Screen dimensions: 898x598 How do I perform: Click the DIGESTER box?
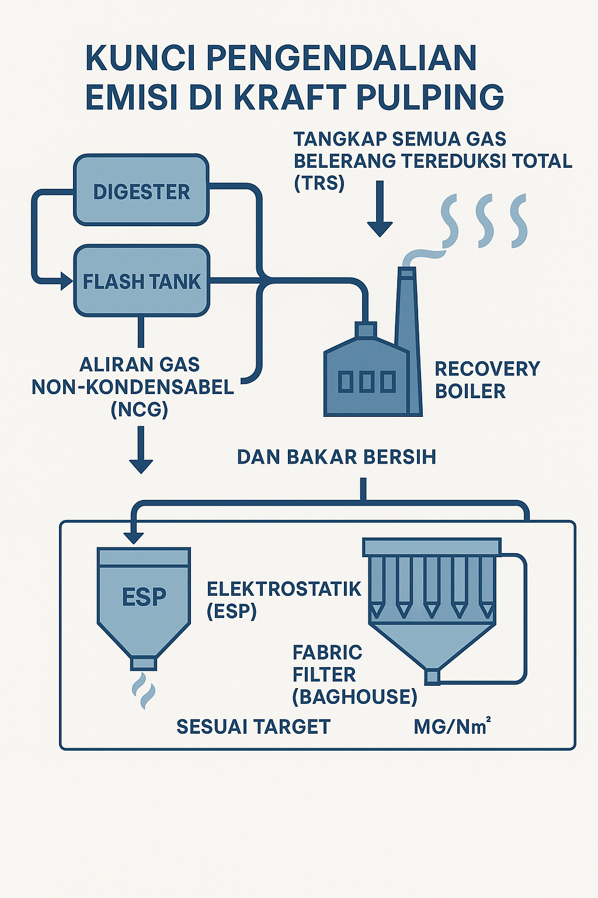tap(141, 191)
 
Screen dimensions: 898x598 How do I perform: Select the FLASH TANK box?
tap(141, 281)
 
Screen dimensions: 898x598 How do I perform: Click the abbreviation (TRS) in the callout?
tap(319, 182)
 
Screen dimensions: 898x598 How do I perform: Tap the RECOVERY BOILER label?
tap(486, 379)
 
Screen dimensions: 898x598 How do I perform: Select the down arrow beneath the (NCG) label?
tap(141, 450)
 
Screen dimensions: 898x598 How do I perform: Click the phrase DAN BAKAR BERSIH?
tap(336, 457)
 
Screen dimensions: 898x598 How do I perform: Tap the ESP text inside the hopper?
tap(144, 597)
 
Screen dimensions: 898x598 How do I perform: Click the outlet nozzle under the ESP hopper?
tap(143, 663)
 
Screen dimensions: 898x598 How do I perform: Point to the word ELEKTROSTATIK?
tap(284, 589)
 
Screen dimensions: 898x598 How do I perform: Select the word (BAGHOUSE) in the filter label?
tap(354, 696)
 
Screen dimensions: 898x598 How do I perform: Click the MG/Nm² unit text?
tap(451, 727)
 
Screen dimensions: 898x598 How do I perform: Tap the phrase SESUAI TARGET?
tap(253, 727)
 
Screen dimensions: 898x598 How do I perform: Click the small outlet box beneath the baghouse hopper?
tap(432, 677)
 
